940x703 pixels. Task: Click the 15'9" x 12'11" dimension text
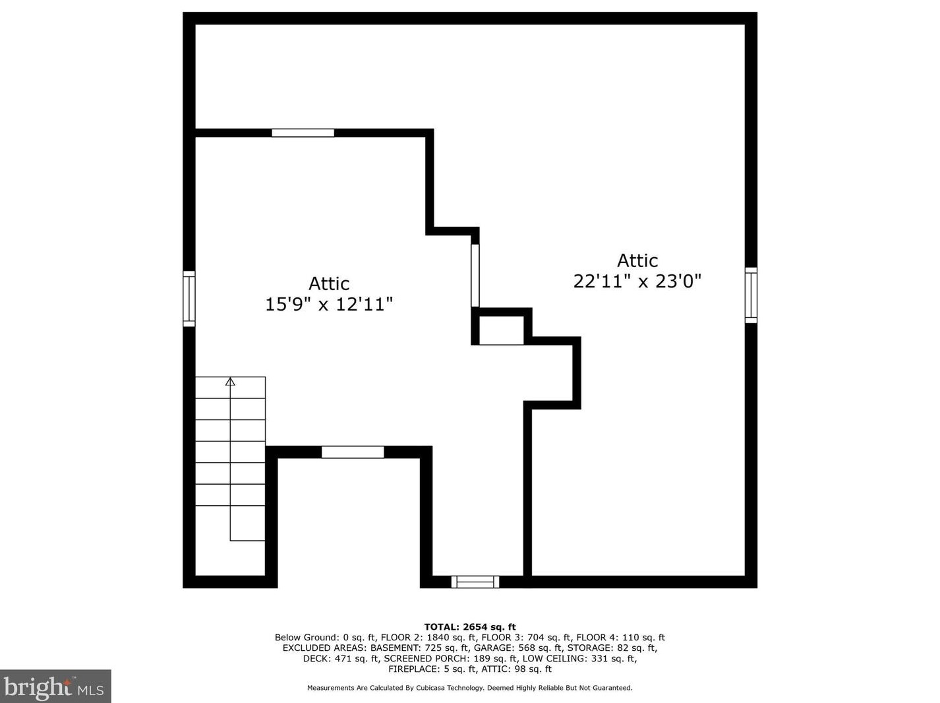329,304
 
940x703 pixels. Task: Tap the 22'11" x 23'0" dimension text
637,281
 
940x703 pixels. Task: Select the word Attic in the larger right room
637,260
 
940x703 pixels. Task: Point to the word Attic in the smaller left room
329,284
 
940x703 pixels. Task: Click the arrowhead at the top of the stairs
230,381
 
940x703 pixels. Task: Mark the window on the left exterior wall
189,298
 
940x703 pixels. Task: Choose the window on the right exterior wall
751,295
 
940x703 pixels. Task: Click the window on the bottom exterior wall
475,582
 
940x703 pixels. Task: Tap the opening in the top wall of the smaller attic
303,133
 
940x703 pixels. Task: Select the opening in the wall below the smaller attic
353,452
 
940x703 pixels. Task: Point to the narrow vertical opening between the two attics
475,275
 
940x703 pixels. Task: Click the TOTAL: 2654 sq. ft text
470,627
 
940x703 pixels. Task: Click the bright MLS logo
55,687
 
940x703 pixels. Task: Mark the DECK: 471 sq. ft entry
341,659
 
